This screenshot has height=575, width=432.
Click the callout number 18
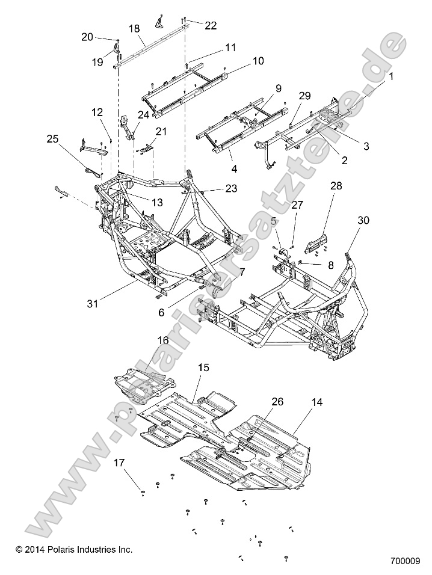[134, 28]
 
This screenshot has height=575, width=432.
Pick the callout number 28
[335, 186]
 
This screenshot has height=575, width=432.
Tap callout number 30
[363, 220]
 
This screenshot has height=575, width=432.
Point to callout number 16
[162, 340]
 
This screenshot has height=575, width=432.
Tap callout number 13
[156, 203]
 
